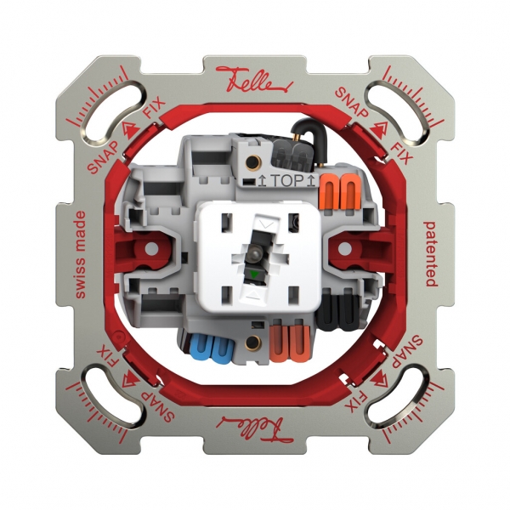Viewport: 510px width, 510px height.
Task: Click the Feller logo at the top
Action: [x=254, y=78]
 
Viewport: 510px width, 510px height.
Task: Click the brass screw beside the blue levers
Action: [x=252, y=344]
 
